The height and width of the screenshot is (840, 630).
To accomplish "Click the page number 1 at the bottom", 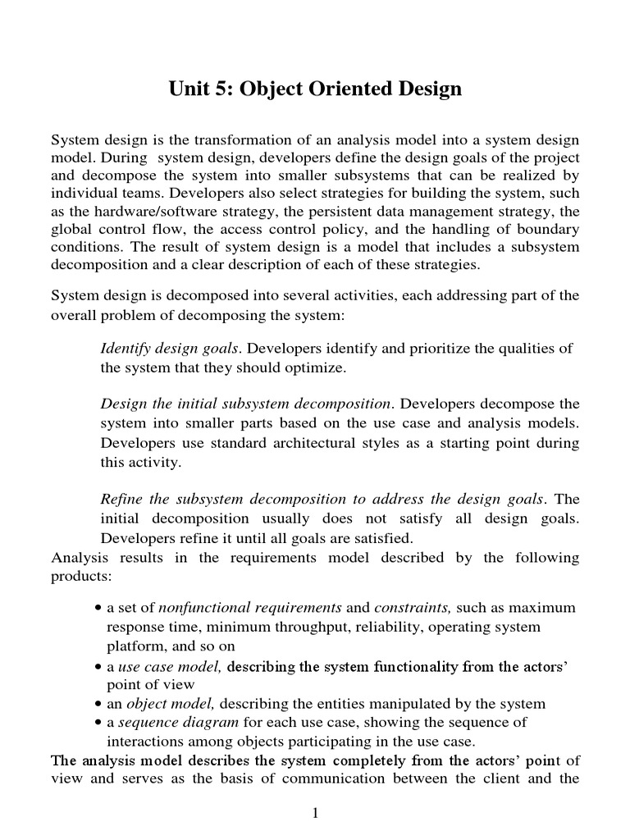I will pyautogui.click(x=315, y=813).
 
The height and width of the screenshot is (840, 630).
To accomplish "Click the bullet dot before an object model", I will pyautogui.click(x=98, y=704).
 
